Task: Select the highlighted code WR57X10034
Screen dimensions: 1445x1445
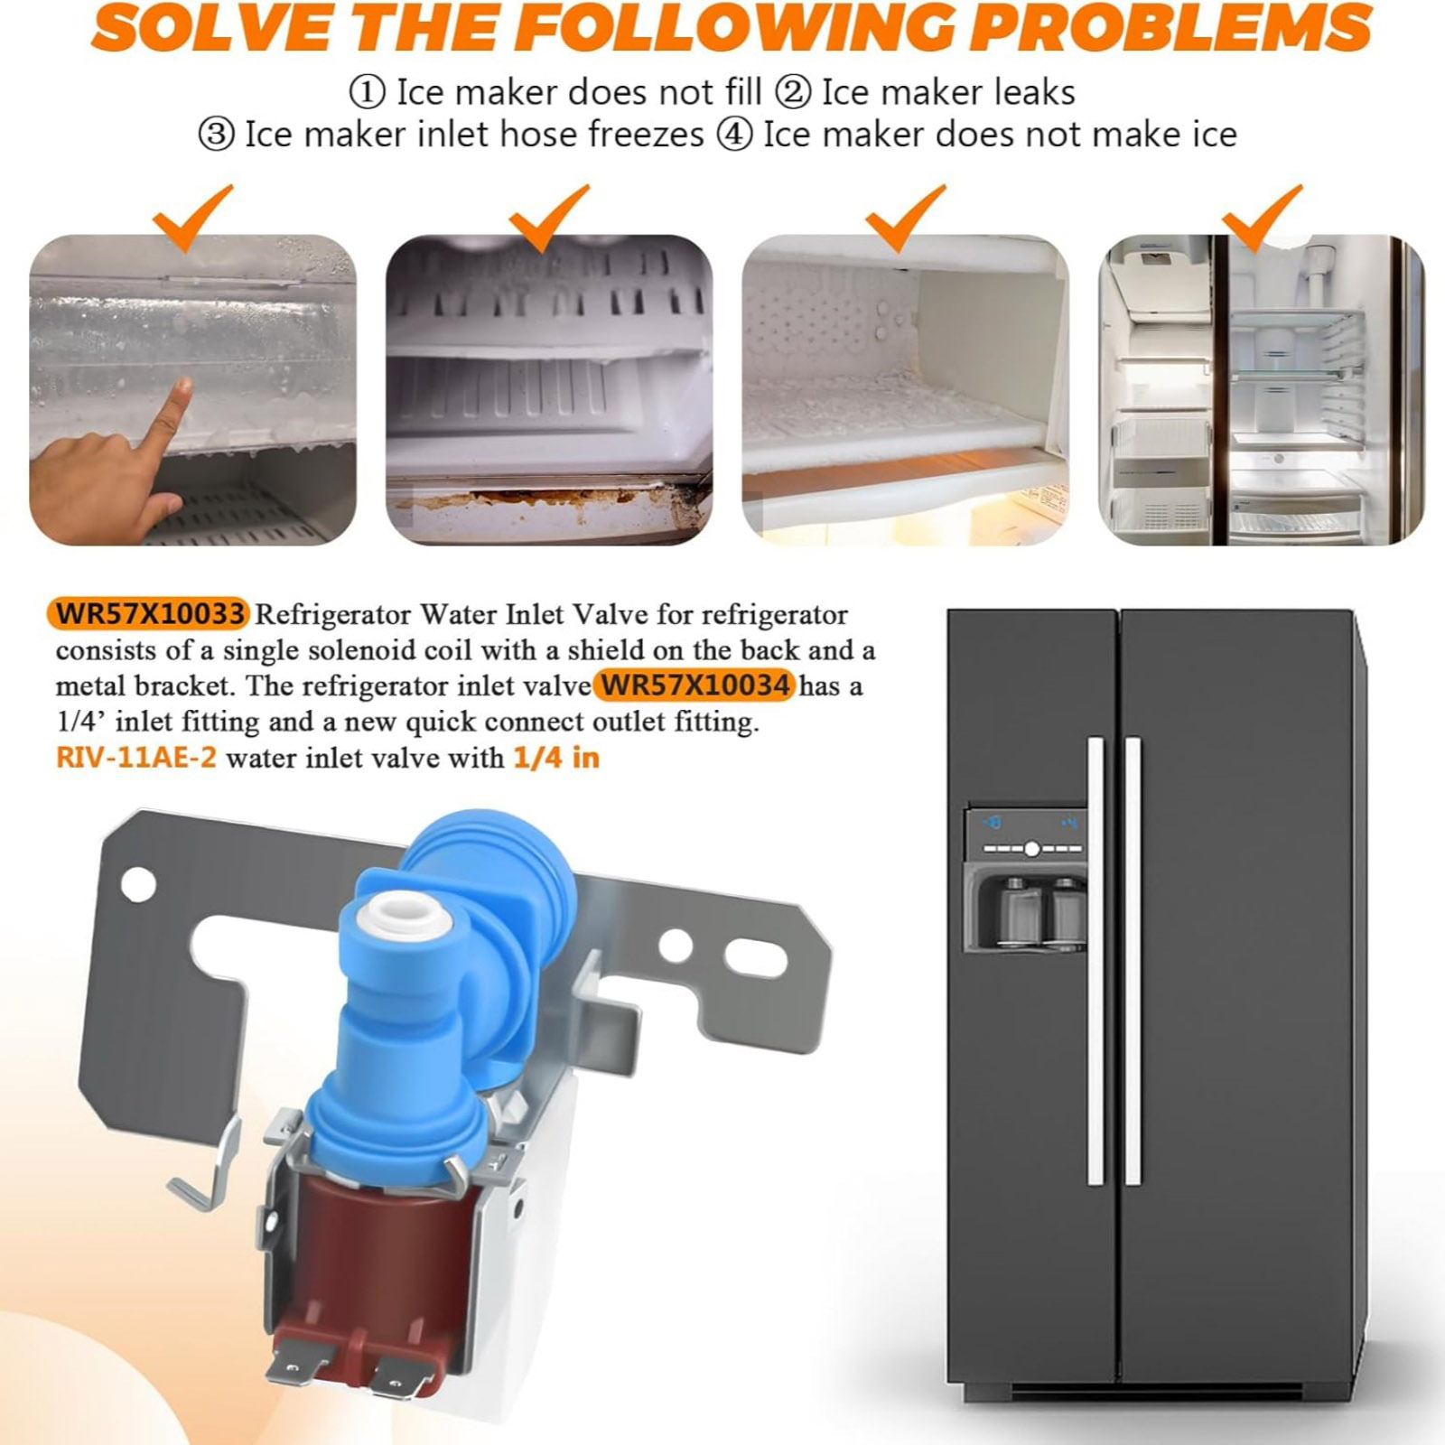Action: (x=695, y=685)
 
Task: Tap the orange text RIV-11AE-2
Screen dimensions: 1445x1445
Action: (x=136, y=757)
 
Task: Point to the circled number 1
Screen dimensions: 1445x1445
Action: (x=367, y=92)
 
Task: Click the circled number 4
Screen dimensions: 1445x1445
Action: (x=734, y=135)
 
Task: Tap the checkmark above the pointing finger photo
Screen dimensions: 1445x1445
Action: (x=192, y=217)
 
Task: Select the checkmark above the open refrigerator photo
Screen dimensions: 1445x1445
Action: (x=1262, y=217)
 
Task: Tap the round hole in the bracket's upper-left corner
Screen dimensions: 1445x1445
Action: (x=138, y=884)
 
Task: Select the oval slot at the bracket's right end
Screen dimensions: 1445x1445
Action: (x=756, y=957)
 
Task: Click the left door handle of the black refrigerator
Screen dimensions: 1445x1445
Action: (x=1096, y=961)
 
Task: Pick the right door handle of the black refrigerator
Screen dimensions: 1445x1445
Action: (x=1133, y=961)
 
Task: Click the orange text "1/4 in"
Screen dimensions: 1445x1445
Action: (x=556, y=757)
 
